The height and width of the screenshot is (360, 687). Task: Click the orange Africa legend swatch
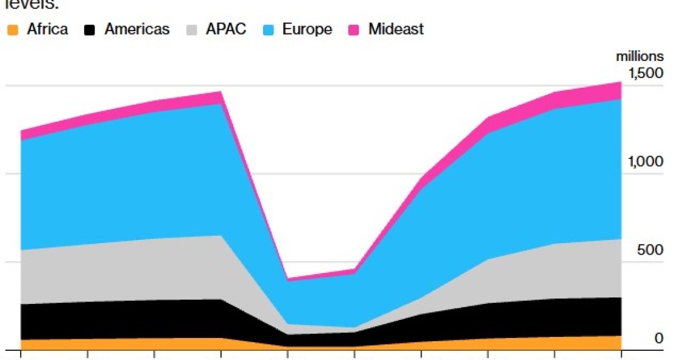pos(12,29)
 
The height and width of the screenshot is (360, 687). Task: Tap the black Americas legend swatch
pos(90,29)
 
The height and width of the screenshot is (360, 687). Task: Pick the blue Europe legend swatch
pos(269,29)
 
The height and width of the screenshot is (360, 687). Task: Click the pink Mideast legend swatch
pos(354,29)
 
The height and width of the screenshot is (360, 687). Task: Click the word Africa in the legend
pos(48,29)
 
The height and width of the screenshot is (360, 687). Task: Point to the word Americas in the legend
pos(137,29)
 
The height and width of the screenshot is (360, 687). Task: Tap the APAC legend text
pos(226,29)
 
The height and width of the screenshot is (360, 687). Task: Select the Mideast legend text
pos(396,29)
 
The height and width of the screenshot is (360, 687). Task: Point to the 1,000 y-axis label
pos(646,162)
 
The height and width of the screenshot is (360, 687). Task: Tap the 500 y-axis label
pos(650,250)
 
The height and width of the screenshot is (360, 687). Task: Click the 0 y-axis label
pos(658,339)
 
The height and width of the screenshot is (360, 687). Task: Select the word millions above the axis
pos(639,57)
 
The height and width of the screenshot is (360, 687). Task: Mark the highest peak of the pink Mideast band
pos(620,82)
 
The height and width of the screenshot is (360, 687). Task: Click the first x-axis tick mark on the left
pos(21,354)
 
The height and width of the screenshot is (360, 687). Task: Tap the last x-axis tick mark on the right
pos(621,354)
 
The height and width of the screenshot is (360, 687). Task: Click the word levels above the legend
pos(30,5)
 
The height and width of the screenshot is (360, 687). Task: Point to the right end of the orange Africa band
pos(619,343)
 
